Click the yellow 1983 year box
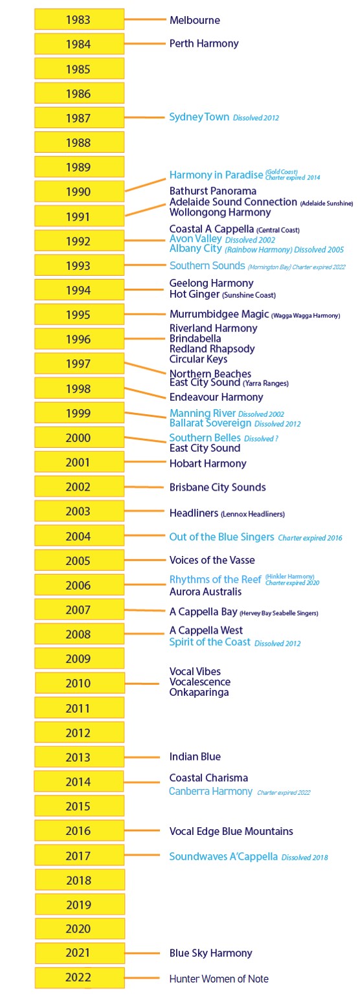tap(79, 19)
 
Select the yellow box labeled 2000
tap(79, 438)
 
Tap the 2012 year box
tap(79, 733)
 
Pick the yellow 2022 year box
tap(79, 977)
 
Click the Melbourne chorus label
tap(194, 20)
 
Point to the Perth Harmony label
tap(204, 44)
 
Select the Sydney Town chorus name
tap(199, 117)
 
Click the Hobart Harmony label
tap(208, 463)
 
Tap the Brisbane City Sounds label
tap(218, 487)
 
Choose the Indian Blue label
tap(195, 757)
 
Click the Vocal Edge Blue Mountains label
tap(231, 831)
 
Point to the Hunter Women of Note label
tap(219, 979)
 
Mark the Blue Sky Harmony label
tap(210, 953)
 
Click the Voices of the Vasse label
tap(212, 560)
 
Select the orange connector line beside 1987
tap(145, 118)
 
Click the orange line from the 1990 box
tap(145, 183)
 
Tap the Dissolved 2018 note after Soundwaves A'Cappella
tap(304, 858)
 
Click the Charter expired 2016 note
tap(310, 538)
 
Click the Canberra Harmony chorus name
tap(210, 792)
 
